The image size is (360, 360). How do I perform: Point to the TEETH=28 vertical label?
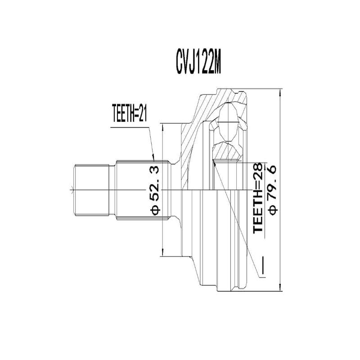coord(257,198)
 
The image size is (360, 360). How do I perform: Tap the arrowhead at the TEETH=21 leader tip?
coord(154,159)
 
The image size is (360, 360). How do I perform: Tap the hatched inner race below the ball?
coord(227,150)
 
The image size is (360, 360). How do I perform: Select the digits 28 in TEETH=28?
coord(257,170)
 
